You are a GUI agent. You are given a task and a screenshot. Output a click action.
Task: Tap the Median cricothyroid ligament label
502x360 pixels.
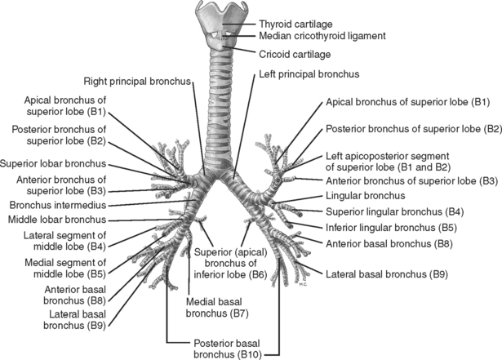tap(322, 37)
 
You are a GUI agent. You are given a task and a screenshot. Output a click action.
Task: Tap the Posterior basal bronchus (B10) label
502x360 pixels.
tap(222, 349)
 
